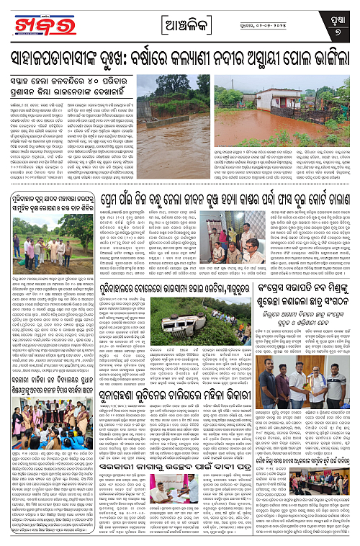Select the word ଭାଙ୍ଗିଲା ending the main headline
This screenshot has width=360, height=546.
pyautogui.click(x=320, y=54)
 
